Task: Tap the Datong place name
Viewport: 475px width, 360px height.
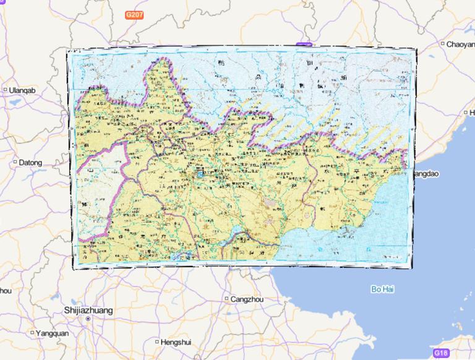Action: pyautogui.click(x=30, y=163)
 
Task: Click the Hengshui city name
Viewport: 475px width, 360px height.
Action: pyautogui.click(x=176, y=342)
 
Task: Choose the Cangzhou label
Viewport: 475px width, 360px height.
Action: pyautogui.click(x=247, y=299)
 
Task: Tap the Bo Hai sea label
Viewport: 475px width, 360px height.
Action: pyautogui.click(x=382, y=289)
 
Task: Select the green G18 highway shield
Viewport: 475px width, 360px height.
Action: pyautogui.click(x=440, y=353)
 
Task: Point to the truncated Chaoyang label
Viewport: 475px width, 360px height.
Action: pyautogui.click(x=460, y=44)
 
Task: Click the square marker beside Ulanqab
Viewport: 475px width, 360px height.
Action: pyautogui.click(x=5, y=90)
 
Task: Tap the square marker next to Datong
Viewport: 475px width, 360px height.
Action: pyautogui.click(x=15, y=163)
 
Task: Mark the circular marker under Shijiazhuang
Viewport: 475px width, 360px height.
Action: pyautogui.click(x=88, y=319)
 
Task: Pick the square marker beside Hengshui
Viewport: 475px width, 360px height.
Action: pyautogui.click(x=155, y=342)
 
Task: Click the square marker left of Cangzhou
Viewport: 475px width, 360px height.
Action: pyautogui.click(x=226, y=299)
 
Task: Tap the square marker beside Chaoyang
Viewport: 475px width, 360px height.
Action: pyautogui.click(x=443, y=44)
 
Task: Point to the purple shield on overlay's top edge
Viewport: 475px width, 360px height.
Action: pyautogui.click(x=302, y=45)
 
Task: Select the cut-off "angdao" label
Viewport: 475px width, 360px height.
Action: pyautogui.click(x=426, y=174)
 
